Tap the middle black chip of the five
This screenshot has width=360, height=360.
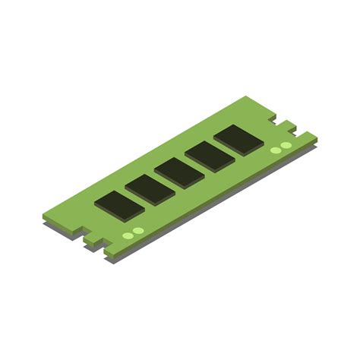coord(179,172)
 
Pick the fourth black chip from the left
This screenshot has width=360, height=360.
coord(209,156)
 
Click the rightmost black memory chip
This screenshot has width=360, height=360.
coord(238,140)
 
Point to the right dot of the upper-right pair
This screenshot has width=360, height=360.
coord(286,144)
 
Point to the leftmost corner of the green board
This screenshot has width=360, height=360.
coord(43,216)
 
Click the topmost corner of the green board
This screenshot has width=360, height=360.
coord(246,96)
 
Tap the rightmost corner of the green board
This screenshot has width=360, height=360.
coord(317,136)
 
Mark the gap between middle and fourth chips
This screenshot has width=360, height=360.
coord(194,165)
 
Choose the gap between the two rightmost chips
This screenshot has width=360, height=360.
coord(223,149)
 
